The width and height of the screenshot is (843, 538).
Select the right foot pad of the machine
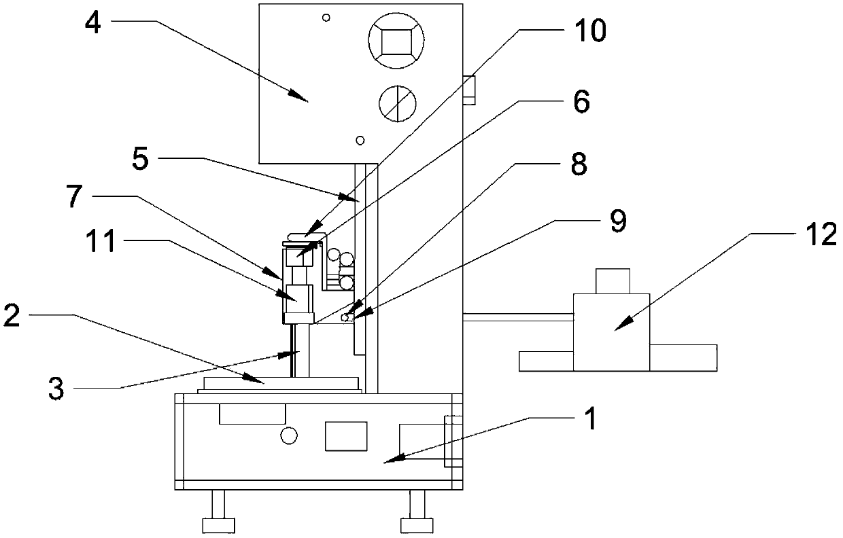(414, 524)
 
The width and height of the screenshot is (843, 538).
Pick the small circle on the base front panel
(290, 435)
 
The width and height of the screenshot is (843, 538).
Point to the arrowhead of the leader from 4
(308, 98)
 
